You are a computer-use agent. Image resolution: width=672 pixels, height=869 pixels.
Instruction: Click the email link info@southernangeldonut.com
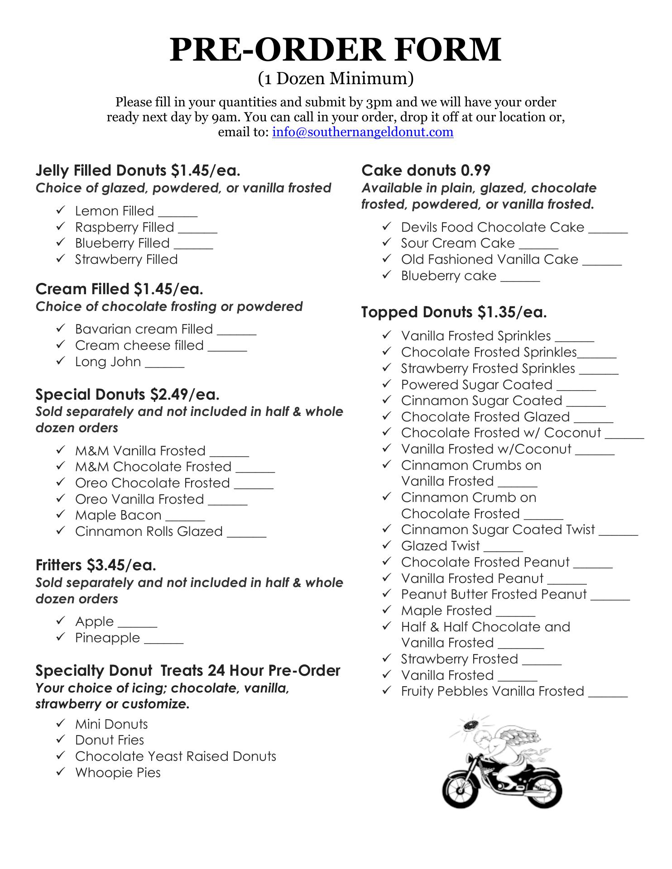coord(362,132)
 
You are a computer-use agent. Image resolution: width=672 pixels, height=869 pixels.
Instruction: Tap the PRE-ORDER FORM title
coord(336,49)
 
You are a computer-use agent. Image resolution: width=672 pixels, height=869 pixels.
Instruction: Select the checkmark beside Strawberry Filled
coord(61,258)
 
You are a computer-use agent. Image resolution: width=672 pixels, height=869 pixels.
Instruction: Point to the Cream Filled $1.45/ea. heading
coord(119,289)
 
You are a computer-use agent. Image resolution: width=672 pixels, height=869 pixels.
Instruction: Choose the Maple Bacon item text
coord(118,515)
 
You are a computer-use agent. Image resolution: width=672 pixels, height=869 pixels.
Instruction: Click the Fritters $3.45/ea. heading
coord(96,565)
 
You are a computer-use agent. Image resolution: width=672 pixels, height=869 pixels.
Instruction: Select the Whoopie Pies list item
coord(118,772)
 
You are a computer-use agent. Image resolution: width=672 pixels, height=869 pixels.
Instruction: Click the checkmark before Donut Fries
coord(61,739)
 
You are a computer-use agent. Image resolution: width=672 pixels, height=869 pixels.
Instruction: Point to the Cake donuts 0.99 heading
coord(426,170)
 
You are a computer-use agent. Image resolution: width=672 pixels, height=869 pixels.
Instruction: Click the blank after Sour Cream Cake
coord(538,246)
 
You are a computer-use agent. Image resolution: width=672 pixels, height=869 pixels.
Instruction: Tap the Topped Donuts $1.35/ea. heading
coord(454,312)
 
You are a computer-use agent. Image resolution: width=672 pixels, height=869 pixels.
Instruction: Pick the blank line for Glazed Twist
coord(503,549)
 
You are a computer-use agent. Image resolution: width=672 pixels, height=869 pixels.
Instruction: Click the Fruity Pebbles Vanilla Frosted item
coord(492,691)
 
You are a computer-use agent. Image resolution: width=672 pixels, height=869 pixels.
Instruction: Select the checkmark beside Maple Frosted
coord(386,610)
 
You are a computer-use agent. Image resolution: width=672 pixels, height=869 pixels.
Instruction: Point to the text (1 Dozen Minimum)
coord(336,78)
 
